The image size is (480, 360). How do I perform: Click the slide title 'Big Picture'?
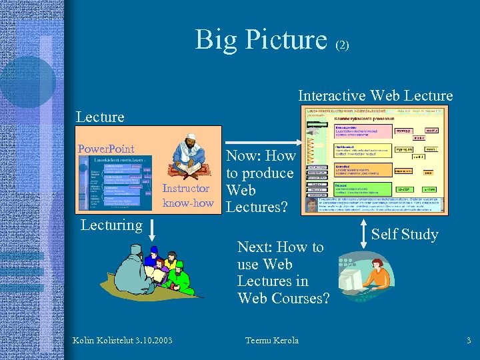point(261,39)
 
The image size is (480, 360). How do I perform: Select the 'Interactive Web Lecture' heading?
point(375,96)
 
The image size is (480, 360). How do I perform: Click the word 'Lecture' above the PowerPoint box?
point(100,117)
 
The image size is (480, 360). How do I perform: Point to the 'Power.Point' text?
point(106,149)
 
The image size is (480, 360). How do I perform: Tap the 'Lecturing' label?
point(111,225)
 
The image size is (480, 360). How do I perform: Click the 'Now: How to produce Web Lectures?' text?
point(260,181)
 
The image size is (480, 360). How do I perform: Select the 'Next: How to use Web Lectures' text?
point(283,273)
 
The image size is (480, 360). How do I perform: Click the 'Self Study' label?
point(404,234)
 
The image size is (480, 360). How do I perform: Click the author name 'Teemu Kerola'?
point(272,341)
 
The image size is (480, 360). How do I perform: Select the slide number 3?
point(469,341)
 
